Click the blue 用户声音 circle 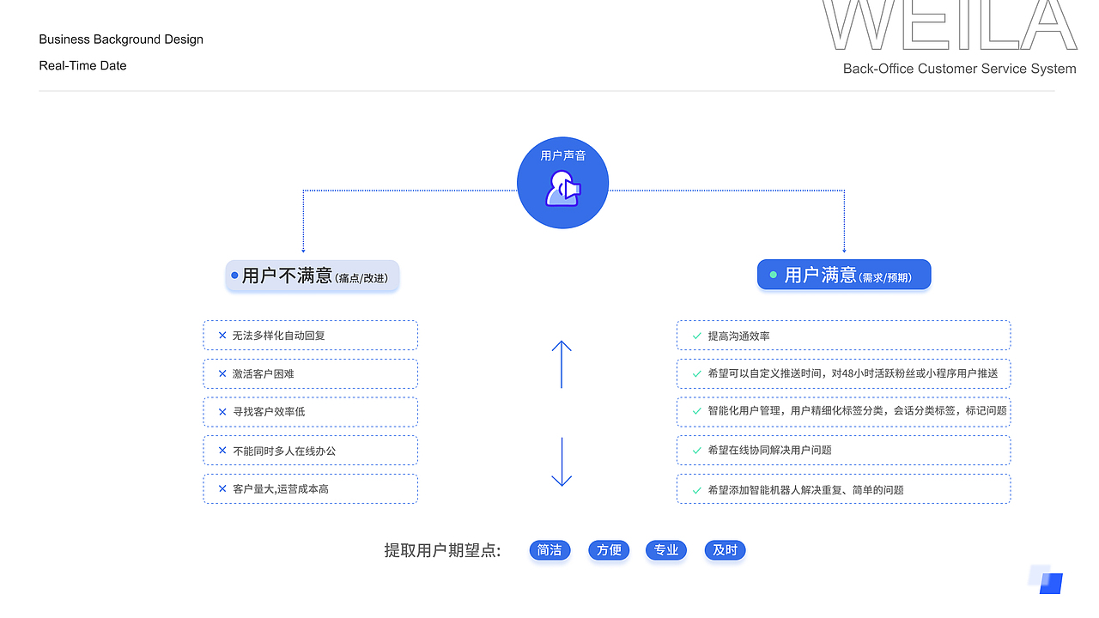[x=562, y=184]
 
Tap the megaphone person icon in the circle [x=563, y=189]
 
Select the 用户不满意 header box [x=313, y=276]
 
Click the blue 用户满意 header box [x=844, y=275]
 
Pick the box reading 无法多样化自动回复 [x=310, y=336]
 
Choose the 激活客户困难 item [x=310, y=374]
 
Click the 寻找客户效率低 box [x=310, y=412]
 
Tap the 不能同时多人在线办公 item [x=310, y=451]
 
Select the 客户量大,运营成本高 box [x=310, y=489]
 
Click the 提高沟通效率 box [x=843, y=336]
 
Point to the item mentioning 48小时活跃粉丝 [x=843, y=374]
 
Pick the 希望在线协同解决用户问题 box [x=843, y=451]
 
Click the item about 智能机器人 [x=843, y=489]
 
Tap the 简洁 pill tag [x=549, y=550]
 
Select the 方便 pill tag [x=609, y=550]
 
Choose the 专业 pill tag [x=666, y=550]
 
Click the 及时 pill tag [x=725, y=550]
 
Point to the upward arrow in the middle [x=562, y=364]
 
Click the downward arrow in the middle [x=562, y=462]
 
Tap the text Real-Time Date [x=82, y=66]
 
